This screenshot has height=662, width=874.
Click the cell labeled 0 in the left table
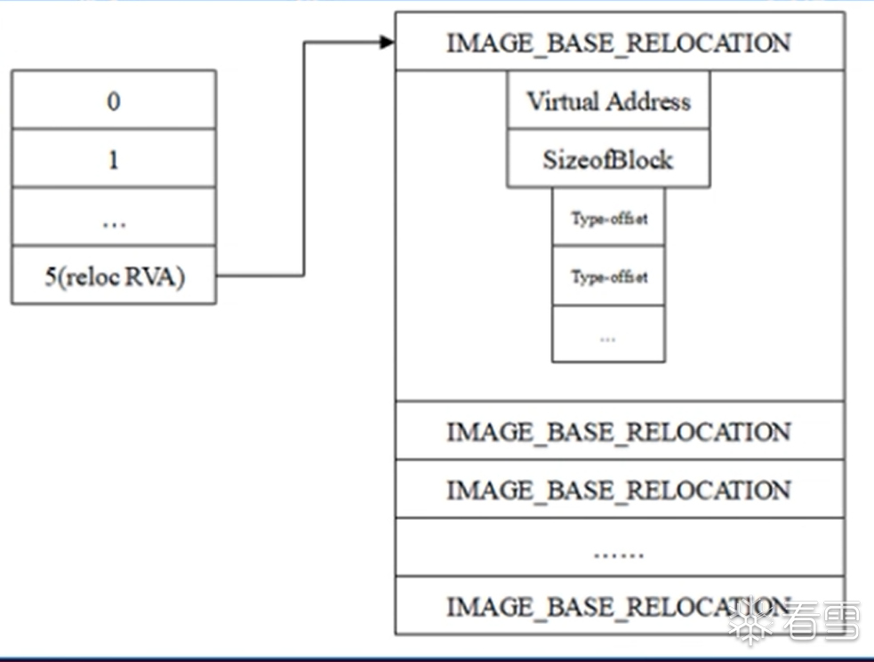coord(113,100)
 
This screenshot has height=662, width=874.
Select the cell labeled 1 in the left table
coord(113,159)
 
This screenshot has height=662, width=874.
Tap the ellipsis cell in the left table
coord(113,218)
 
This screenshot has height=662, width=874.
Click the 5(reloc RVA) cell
coord(113,276)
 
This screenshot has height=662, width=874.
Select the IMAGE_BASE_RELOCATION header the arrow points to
coord(619,43)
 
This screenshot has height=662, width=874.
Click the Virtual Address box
coord(608,101)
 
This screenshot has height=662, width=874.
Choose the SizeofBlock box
coord(608,160)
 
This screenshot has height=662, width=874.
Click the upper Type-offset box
coord(608,218)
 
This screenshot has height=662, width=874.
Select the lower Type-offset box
coord(608,276)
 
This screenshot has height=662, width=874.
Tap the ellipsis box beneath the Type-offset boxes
coord(608,336)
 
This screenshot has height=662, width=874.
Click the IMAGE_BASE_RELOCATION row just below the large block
coord(619,432)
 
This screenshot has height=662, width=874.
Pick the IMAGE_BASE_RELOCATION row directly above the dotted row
coord(619,490)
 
